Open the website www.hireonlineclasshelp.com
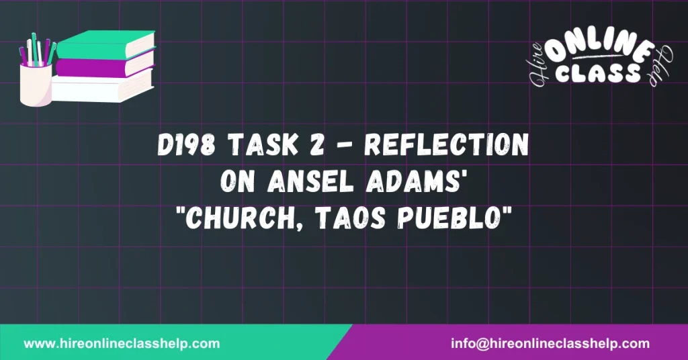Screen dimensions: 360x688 coord(122,343)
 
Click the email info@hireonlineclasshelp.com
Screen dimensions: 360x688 coord(550,343)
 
